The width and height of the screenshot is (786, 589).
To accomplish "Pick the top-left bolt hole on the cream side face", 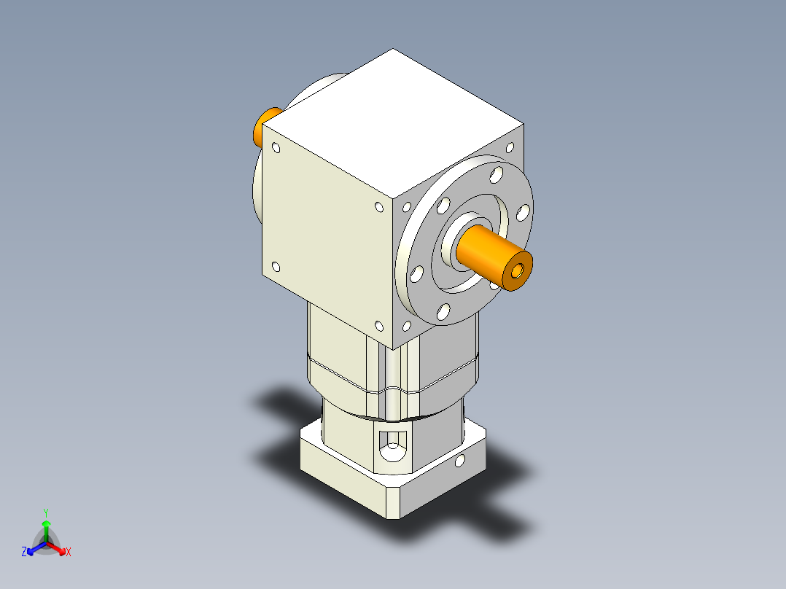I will tap(276, 148).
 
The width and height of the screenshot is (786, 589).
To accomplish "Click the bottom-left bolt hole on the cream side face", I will tap(276, 267).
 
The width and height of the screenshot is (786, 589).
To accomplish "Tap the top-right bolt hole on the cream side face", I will tap(378, 207).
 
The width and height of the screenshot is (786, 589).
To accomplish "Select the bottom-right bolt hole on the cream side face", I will tap(378, 326).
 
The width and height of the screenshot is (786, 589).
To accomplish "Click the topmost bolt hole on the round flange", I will tap(497, 174).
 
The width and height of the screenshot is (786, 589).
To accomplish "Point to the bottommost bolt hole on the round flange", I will tap(443, 313).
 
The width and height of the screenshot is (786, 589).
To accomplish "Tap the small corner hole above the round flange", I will tap(510, 147).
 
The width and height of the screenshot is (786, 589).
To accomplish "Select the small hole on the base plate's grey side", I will tap(459, 461).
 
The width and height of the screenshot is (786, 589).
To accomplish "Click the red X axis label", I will tap(69, 553).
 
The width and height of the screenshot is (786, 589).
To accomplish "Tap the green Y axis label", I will tap(46, 512).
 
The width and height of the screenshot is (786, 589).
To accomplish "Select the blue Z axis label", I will tap(24, 553).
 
